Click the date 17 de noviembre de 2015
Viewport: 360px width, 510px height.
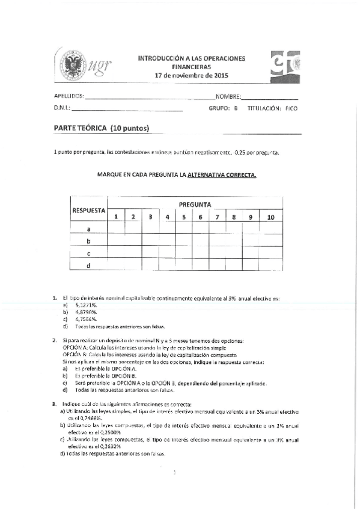[192, 76]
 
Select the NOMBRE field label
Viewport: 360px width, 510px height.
[228, 96]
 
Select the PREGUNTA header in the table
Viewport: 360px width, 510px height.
[194, 204]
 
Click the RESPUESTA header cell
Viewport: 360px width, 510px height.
[89, 210]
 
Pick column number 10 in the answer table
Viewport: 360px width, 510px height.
[270, 217]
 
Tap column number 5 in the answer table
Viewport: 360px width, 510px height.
[183, 217]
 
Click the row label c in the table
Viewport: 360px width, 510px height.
[89, 253]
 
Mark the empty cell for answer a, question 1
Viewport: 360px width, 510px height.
[116, 229]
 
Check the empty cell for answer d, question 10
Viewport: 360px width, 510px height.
[270, 265]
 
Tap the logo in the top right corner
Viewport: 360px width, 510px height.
[285, 64]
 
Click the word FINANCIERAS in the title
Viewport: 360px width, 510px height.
[192, 67]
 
